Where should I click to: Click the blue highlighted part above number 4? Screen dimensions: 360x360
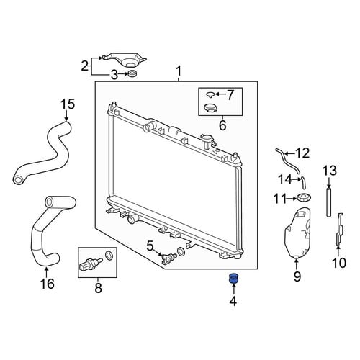(233, 278)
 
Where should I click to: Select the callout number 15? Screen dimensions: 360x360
(68, 105)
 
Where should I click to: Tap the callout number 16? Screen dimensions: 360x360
(48, 284)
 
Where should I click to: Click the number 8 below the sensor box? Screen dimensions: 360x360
(98, 287)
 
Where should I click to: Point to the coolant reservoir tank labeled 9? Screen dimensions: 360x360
(297, 233)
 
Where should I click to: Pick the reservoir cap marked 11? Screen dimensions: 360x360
(304, 198)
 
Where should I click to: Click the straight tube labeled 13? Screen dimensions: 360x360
(329, 202)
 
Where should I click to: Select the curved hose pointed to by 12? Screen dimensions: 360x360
(287, 161)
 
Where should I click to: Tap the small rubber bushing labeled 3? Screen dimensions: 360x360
(132, 73)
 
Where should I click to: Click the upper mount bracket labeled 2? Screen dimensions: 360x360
(124, 60)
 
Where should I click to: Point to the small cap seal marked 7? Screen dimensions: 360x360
(210, 94)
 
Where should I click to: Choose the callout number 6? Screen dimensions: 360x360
(222, 125)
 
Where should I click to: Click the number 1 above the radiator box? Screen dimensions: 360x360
(179, 71)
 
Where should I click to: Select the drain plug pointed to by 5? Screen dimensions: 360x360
(169, 257)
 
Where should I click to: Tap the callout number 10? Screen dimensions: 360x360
(339, 263)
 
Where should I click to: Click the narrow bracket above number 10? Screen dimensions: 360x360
(340, 230)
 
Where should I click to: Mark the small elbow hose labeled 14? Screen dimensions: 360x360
(303, 183)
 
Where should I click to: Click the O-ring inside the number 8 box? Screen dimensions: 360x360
(109, 255)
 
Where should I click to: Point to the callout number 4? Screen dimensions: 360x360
(233, 301)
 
